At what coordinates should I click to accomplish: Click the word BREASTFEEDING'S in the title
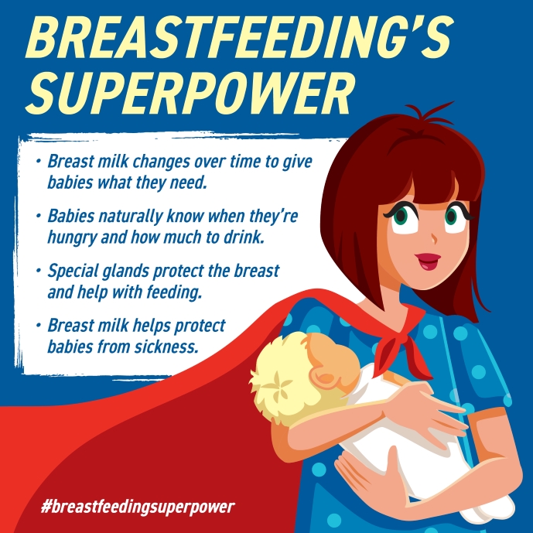(240, 37)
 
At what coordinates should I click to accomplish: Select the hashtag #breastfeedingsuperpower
(138, 507)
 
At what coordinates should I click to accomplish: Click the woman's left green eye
(401, 216)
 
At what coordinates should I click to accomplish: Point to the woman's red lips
(428, 261)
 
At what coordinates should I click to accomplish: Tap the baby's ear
(326, 377)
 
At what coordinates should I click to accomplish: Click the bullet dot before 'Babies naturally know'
(39, 216)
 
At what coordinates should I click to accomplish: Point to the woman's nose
(434, 238)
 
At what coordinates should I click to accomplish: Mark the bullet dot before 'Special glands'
(39, 272)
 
